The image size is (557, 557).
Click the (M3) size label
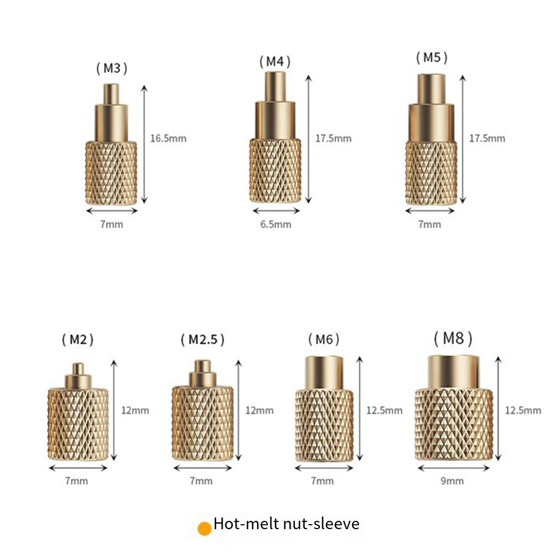click(x=111, y=68)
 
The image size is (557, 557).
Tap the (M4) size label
click(x=275, y=62)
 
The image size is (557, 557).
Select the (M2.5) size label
click(x=203, y=339)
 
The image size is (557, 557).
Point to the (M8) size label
click(x=454, y=338)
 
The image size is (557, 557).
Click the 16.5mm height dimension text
click(x=168, y=139)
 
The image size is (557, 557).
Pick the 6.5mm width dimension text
click(x=275, y=224)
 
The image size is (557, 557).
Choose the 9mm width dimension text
click(x=452, y=481)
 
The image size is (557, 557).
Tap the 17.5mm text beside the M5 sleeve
click(x=487, y=139)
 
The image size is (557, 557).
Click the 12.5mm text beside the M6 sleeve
click(x=385, y=411)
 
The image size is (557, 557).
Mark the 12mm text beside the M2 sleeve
click(x=135, y=411)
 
